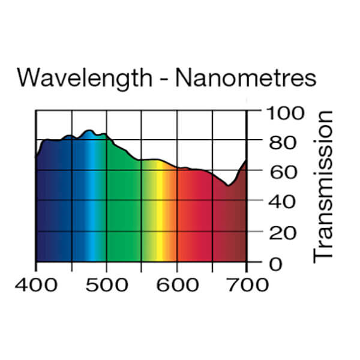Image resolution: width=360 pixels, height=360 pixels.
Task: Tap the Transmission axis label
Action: click(x=323, y=185)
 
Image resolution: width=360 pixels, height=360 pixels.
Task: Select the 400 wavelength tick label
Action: click(x=37, y=283)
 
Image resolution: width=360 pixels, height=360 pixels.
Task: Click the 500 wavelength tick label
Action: click(x=107, y=283)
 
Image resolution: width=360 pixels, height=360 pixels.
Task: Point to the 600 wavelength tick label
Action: click(x=177, y=283)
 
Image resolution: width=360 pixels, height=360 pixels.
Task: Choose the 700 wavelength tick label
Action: click(x=247, y=283)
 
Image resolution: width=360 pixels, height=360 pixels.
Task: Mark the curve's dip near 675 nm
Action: click(x=228, y=185)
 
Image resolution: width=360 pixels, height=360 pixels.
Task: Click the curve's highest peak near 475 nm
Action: click(x=89, y=130)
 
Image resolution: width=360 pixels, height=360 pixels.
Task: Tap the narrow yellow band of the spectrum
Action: click(x=160, y=210)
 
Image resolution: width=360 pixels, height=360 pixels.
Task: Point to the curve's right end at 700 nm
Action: click(x=246, y=161)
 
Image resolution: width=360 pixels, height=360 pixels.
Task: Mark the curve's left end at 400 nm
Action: click(x=37, y=157)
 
